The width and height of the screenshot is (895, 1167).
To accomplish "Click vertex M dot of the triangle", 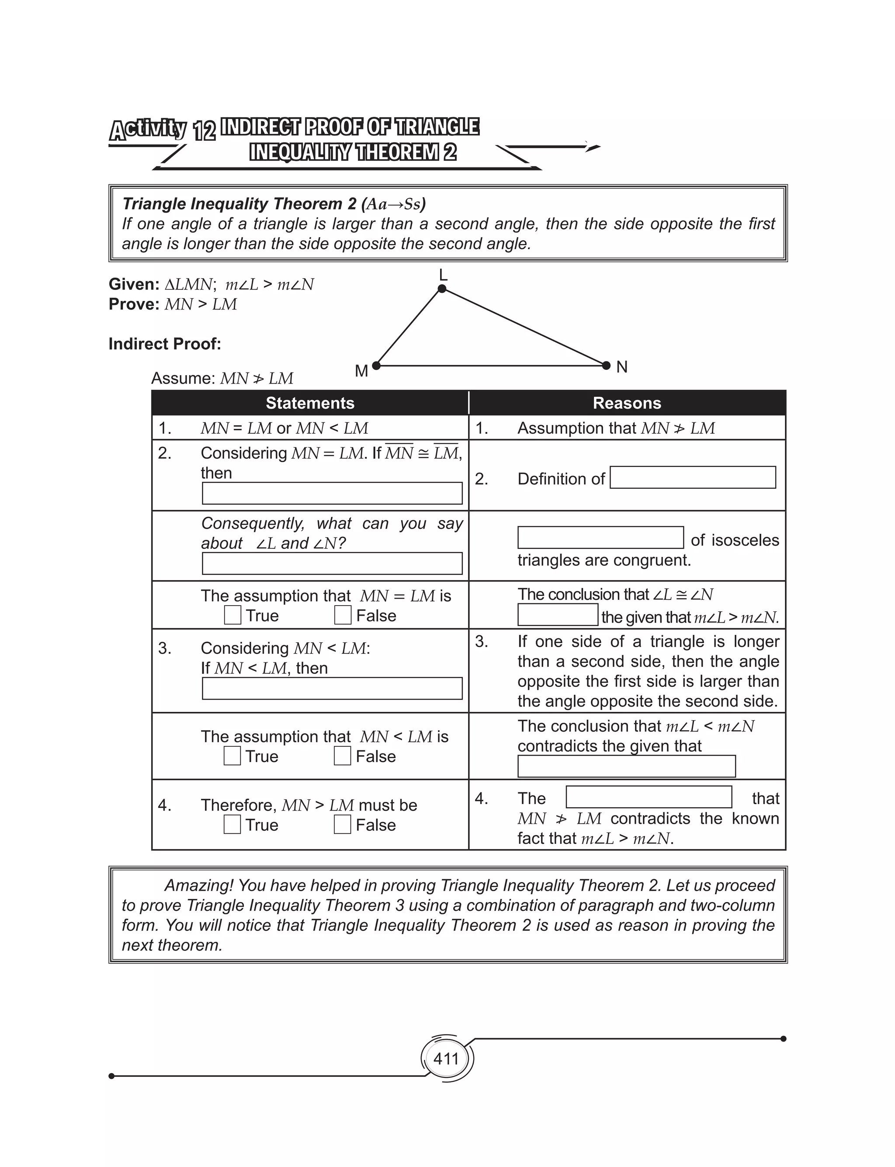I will pos(376,366).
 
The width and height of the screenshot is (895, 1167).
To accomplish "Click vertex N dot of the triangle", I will pos(606,366).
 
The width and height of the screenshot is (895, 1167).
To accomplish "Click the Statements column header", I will pos(310,403).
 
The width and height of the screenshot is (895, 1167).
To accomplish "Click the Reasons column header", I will pos(627,403).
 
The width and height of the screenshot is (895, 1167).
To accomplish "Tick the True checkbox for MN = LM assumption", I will pos(232,615).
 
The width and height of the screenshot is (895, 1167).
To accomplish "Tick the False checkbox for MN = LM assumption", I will pos(343,615).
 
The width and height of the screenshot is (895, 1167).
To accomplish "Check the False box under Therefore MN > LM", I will pos(342,824).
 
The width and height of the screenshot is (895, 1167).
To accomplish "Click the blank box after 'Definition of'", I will pos(692,477).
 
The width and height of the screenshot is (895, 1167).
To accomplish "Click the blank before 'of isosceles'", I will pos(600,538).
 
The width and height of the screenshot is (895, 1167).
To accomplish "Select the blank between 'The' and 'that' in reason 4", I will pos(649,797).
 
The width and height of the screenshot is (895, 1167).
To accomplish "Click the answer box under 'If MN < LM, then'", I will pos(332,689).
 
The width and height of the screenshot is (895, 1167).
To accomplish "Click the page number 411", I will pos(446,1059).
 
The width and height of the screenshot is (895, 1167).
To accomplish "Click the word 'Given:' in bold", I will pos(134,284).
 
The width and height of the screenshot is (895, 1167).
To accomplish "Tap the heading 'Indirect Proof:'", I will pos(165,344).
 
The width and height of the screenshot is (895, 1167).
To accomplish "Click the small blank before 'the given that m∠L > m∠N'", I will pos(557,615).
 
